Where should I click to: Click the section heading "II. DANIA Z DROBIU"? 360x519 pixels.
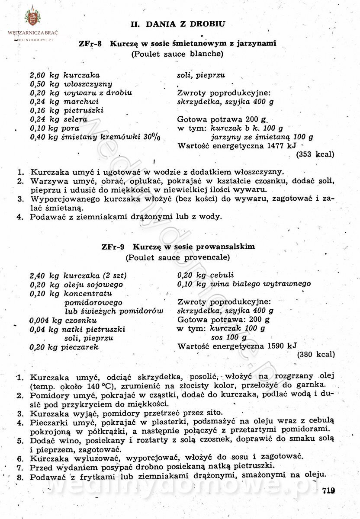point(178,24)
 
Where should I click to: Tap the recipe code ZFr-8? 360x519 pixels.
point(90,44)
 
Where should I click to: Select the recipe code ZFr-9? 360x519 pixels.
point(113,247)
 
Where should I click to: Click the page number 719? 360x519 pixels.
point(329,490)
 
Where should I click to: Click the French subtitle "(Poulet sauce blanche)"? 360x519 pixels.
point(177,54)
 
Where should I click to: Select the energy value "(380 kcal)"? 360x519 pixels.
point(316,354)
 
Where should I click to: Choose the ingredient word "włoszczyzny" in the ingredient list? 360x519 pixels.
point(88,84)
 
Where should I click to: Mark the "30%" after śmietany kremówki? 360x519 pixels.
point(152,137)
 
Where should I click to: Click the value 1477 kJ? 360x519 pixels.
point(283,146)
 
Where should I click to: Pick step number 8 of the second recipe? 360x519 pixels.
point(19,477)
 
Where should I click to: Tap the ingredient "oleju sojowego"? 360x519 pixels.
point(93,285)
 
